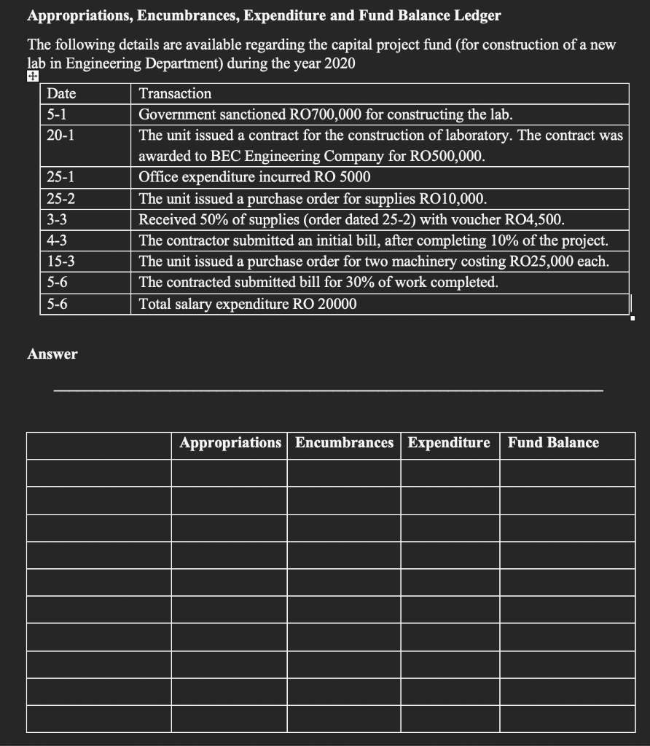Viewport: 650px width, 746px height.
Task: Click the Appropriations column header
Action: [x=230, y=443]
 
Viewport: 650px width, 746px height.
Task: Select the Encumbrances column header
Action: [x=344, y=443]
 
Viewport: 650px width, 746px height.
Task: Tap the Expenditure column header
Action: [x=449, y=443]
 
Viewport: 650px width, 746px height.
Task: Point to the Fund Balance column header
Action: [x=553, y=443]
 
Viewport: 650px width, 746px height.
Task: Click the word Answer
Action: [x=52, y=355]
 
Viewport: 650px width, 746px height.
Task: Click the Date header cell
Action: [x=61, y=94]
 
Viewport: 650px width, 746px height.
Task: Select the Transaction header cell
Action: [x=175, y=94]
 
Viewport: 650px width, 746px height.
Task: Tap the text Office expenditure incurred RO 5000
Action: [x=254, y=178]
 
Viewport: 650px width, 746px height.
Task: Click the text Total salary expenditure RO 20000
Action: [x=248, y=304]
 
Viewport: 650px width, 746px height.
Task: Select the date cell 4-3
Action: [x=55, y=240]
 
